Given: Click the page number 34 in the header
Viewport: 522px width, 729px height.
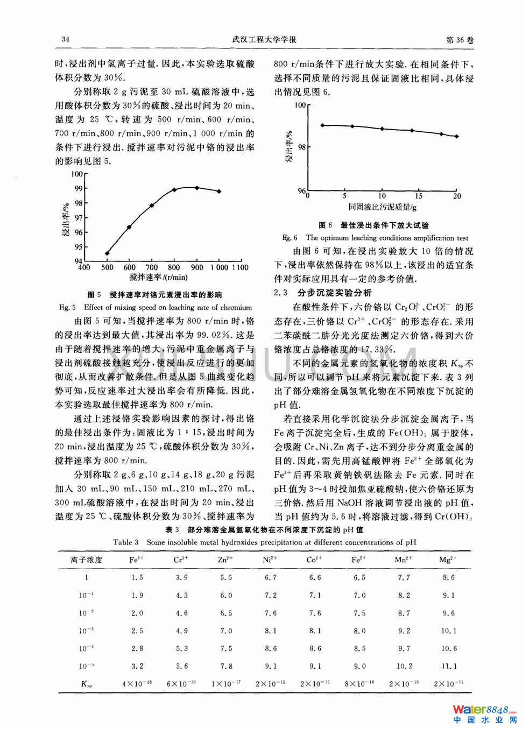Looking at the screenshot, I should click(66, 39).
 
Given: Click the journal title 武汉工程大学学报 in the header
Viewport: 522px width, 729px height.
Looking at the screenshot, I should click(264, 39).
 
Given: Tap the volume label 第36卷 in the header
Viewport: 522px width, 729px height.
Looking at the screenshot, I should click(460, 40).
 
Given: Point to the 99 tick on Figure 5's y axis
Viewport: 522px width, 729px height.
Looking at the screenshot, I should click(79, 188).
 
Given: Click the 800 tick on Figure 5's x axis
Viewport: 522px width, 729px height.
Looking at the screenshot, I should click(174, 267).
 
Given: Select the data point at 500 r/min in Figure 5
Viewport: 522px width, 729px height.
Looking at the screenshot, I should click(107, 253).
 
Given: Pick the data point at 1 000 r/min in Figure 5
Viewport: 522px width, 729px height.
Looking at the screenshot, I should click(219, 191).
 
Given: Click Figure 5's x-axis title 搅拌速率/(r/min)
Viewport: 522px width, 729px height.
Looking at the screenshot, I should click(158, 278).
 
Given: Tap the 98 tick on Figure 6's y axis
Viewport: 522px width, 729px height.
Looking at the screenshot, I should click(302, 147).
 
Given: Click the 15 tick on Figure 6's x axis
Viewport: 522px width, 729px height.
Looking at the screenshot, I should click(419, 196).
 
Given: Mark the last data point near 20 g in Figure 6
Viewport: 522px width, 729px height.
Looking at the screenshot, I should click(457, 137).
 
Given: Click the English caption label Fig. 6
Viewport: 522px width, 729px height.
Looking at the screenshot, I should click(290, 238).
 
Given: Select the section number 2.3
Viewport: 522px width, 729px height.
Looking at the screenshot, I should click(281, 293).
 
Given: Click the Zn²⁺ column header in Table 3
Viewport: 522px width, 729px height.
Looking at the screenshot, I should click(225, 560).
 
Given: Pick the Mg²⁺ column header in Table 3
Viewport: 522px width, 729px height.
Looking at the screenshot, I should click(448, 560).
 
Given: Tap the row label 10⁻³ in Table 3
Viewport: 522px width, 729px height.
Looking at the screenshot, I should click(86, 631).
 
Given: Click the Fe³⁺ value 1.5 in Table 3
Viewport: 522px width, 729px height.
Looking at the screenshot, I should click(137, 577).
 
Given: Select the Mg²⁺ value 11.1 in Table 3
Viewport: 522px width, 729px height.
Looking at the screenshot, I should click(449, 666).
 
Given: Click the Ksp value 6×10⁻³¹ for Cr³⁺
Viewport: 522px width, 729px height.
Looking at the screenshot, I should click(181, 684).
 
